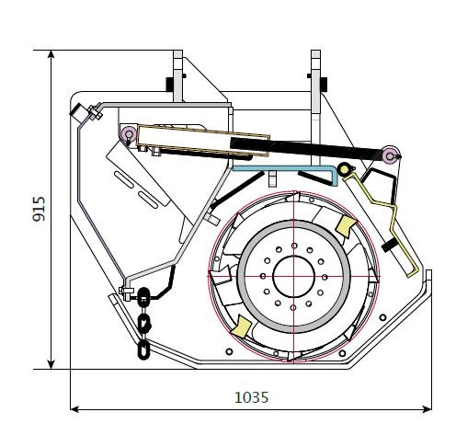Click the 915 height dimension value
pyautogui.click(x=40, y=209)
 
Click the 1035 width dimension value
pyautogui.click(x=251, y=397)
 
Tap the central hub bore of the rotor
pyautogui.click(x=293, y=277)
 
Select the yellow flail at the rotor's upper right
pyautogui.click(x=347, y=226)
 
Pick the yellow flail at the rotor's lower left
pyautogui.click(x=241, y=326)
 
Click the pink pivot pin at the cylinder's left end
pyautogui.click(x=129, y=133)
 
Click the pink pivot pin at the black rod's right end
pyautogui.click(x=390, y=156)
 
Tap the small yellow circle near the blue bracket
pyautogui.click(x=344, y=169)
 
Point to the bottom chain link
pyautogui.click(x=143, y=349)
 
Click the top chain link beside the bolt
pyautogui.click(x=143, y=297)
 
